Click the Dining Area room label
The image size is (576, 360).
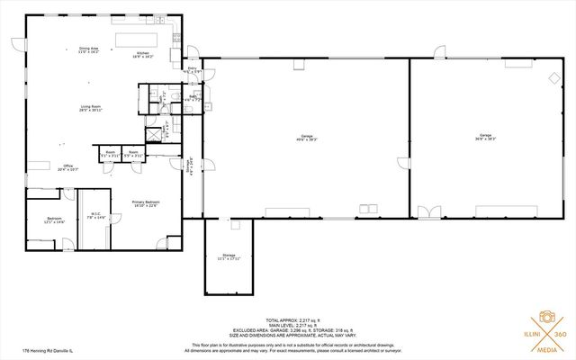tap(88, 50)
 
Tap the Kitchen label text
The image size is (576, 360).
tap(143, 54)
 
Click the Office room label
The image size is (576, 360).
tap(67, 167)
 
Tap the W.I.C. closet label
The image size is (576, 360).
tap(95, 216)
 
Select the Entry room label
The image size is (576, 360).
tap(191, 69)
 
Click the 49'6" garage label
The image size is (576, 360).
tap(306, 138)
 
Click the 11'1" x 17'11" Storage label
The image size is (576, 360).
tap(228, 257)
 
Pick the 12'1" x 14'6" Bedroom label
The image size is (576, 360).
tap(55, 220)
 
